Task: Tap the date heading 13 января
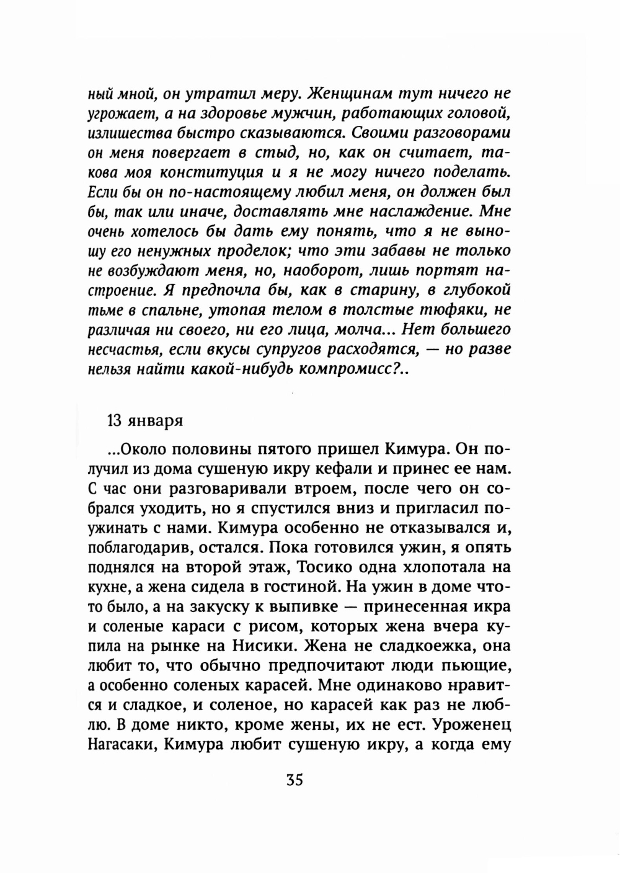[x=144, y=420]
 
